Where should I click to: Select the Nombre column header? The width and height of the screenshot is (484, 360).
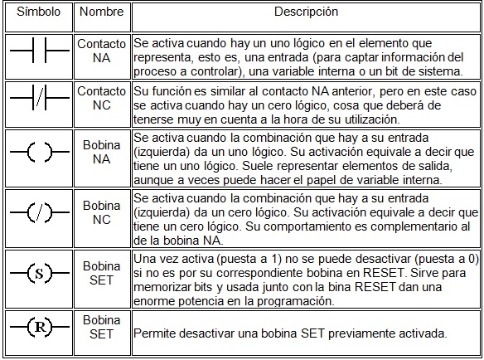(x=101, y=13)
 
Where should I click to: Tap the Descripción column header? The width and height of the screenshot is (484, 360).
(x=307, y=12)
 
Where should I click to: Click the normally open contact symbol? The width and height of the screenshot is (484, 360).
(x=37, y=56)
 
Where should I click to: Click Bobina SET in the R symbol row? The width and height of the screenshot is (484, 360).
(x=101, y=327)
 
